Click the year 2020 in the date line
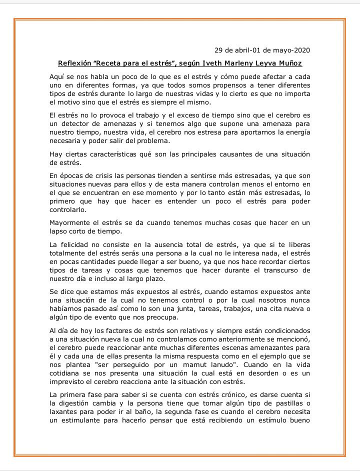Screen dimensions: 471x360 click(301, 50)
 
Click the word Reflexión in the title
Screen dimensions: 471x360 click(74, 63)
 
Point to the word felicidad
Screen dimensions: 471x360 click(76, 244)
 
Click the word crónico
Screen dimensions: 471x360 click(223, 394)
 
